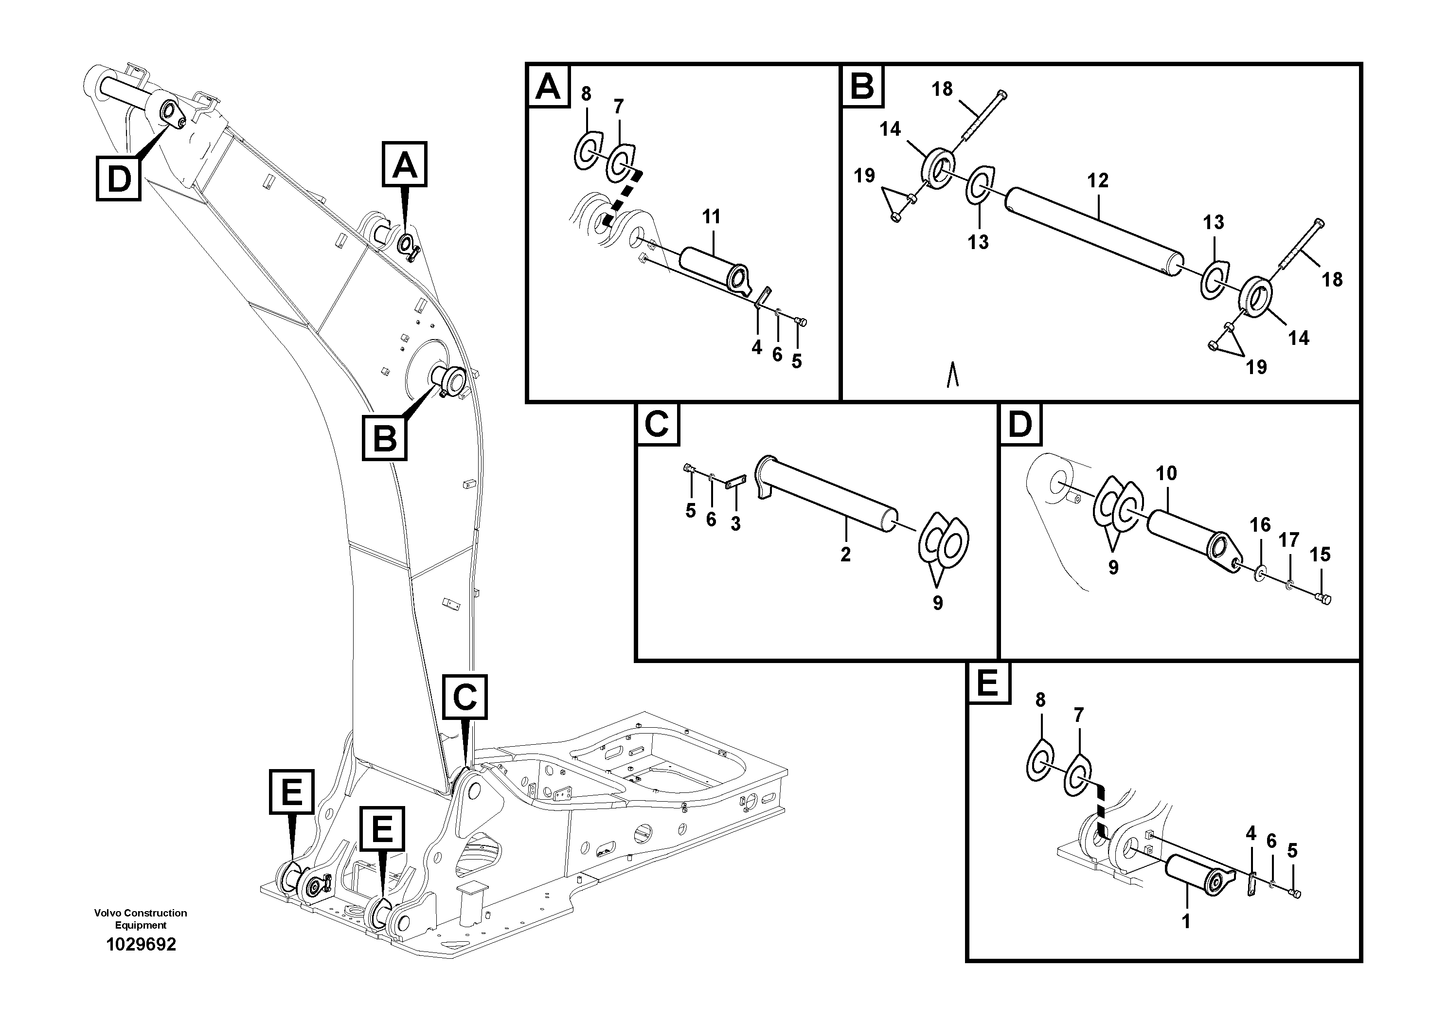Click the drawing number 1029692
(x=141, y=944)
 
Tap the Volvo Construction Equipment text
(x=141, y=919)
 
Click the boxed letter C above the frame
(x=465, y=697)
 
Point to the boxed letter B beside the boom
(x=385, y=438)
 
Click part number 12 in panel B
(x=1097, y=181)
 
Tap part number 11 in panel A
(x=712, y=217)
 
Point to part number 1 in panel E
(x=1186, y=921)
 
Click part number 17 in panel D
(x=1289, y=540)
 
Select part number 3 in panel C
(x=735, y=523)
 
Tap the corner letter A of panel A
(x=547, y=87)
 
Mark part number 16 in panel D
(x=1260, y=525)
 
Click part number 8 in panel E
(x=1040, y=700)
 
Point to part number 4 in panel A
(x=757, y=347)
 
